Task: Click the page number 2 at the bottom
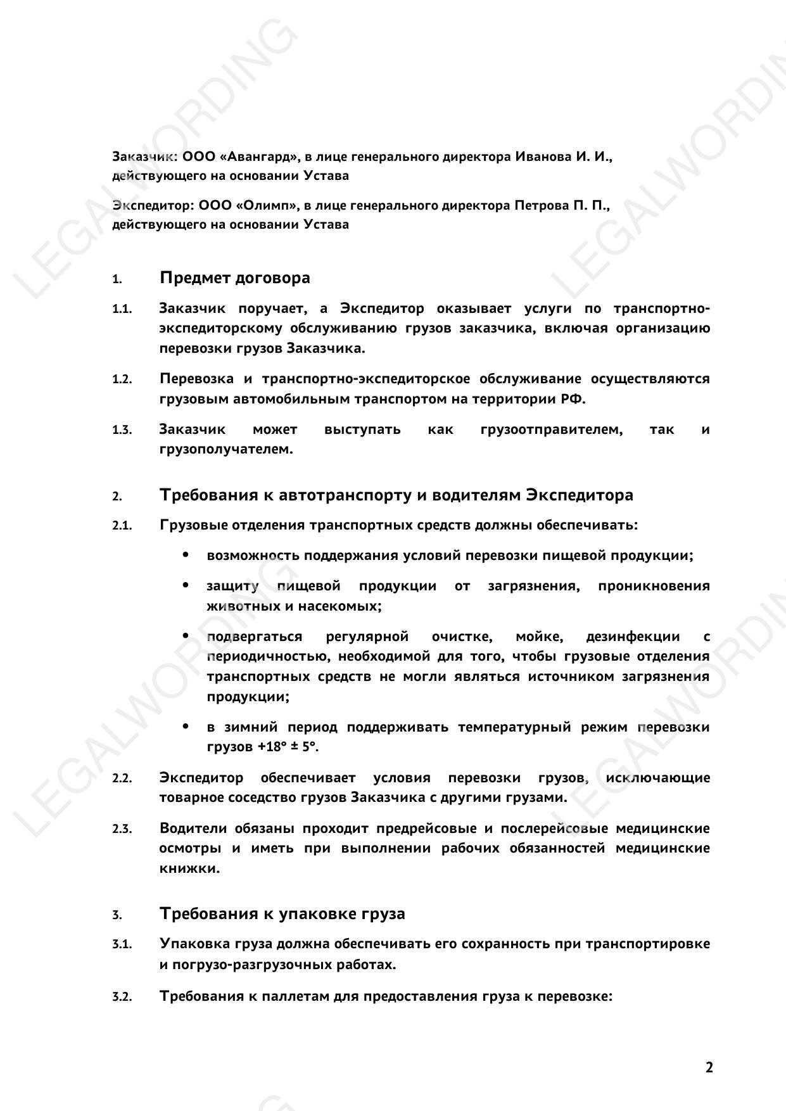(x=709, y=1067)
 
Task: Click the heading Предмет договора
(x=234, y=278)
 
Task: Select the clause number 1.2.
(x=122, y=379)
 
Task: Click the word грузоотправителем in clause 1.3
(x=551, y=429)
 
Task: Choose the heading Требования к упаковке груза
(x=282, y=914)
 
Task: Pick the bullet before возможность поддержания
(x=186, y=555)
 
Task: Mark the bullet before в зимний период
(x=186, y=727)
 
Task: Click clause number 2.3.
(x=122, y=829)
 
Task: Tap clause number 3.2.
(x=122, y=996)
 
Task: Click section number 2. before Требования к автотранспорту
(x=117, y=496)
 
